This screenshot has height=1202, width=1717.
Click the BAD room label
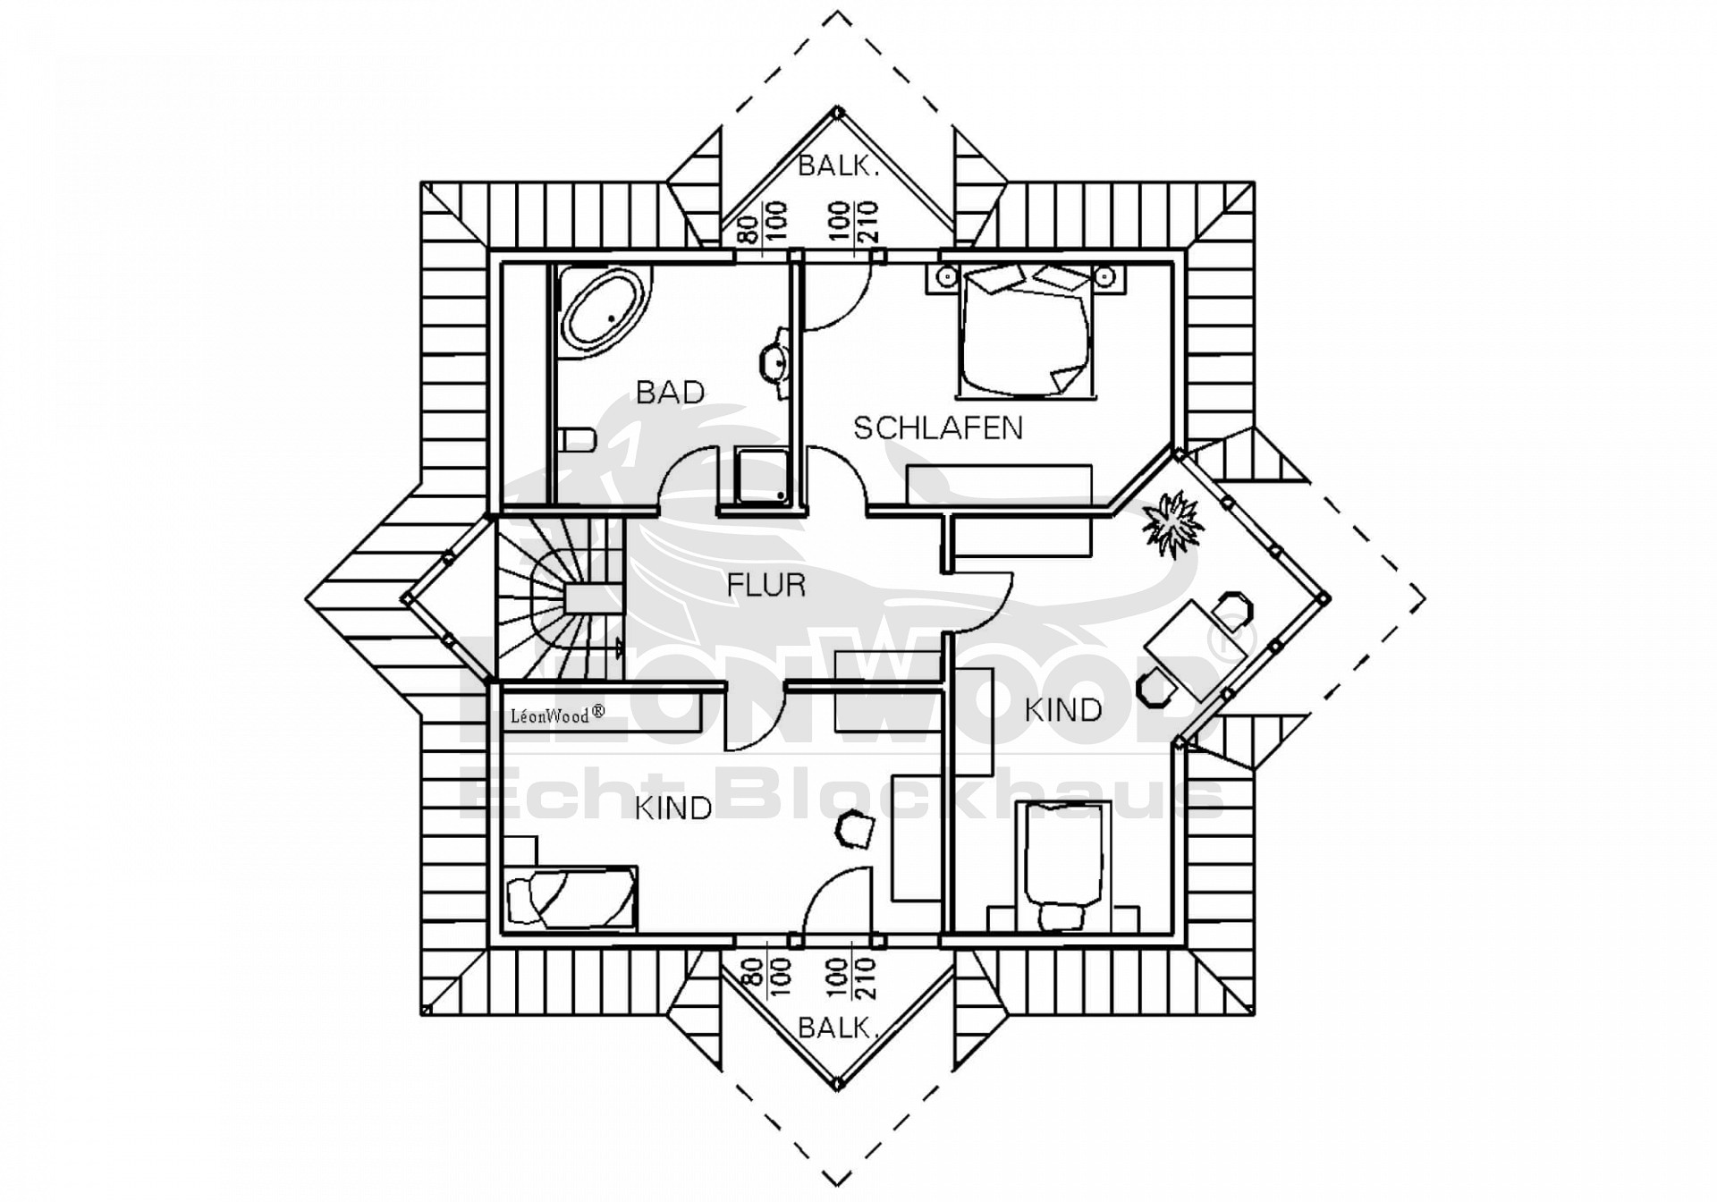(x=670, y=392)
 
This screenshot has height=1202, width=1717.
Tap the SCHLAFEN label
(x=938, y=428)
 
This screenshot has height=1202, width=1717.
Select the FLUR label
(x=766, y=585)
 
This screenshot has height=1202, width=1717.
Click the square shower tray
(x=763, y=476)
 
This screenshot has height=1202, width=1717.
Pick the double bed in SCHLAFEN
(x=1026, y=331)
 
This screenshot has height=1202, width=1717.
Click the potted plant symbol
(x=1171, y=523)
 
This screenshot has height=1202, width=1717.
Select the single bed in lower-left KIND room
(x=571, y=898)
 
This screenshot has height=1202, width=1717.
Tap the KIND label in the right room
(x=1063, y=710)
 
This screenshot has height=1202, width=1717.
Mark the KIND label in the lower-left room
(x=673, y=808)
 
